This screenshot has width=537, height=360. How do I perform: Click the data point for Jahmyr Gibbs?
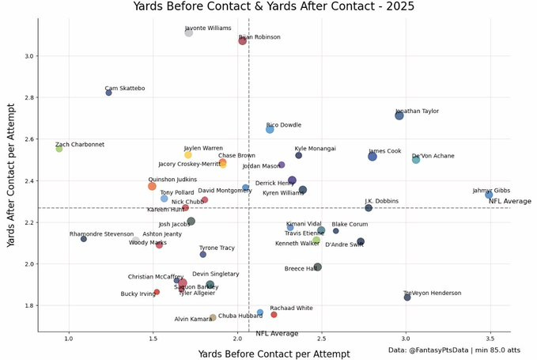click(489, 195)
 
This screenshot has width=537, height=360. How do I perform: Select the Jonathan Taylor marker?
click(399, 116)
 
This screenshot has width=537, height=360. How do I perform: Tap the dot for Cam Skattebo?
click(109, 93)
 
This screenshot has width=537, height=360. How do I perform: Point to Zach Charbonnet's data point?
click(59, 149)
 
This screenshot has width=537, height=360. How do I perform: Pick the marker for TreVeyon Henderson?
click(407, 297)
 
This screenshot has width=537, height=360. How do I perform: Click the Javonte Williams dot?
click(189, 32)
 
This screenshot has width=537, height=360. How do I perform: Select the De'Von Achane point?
click(416, 160)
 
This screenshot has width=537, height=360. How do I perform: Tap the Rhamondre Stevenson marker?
click(84, 239)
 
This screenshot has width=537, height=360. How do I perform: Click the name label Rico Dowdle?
click(283, 125)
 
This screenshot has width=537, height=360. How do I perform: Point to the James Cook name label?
click(384, 151)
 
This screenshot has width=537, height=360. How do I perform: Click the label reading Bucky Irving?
click(138, 294)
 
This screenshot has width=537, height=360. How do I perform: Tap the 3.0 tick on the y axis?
click(30, 56)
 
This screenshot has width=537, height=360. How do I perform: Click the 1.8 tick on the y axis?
click(30, 305)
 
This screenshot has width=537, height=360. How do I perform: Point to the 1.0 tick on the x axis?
click(70, 339)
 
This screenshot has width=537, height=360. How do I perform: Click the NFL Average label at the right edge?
click(509, 201)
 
